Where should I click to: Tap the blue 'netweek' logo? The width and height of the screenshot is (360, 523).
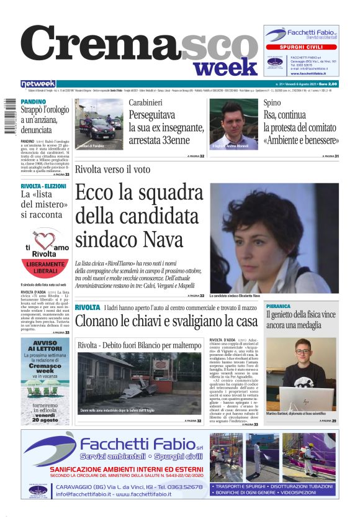click(x=38, y=84)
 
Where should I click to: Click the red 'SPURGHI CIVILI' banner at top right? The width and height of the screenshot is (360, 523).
click(x=301, y=47)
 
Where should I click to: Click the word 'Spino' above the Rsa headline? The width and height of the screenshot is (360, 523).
click(x=272, y=102)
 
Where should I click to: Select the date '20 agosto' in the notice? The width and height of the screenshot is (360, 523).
click(x=47, y=420)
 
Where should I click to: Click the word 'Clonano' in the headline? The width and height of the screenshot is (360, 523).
click(x=100, y=321)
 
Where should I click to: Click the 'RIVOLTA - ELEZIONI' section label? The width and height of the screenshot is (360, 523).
click(x=43, y=186)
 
